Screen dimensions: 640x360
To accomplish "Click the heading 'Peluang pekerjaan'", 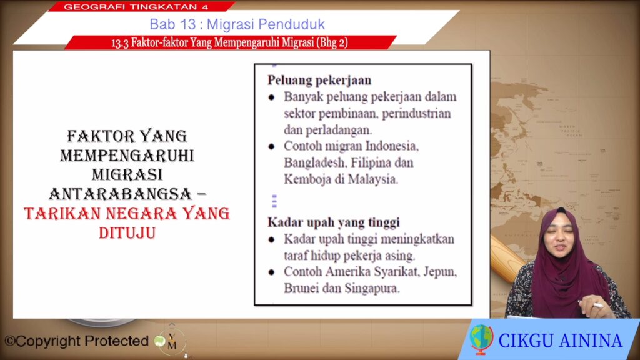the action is click(x=319, y=80).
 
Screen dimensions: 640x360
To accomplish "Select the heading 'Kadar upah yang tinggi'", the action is click(x=334, y=222).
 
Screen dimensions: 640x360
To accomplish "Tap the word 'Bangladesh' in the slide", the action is click(x=314, y=162).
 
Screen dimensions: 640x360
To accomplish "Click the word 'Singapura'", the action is click(x=372, y=288).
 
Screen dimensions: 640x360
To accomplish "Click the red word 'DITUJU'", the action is click(x=127, y=233).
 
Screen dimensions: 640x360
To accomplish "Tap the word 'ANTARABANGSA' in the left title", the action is click(x=121, y=194).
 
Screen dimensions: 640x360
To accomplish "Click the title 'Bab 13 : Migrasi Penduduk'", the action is click(x=237, y=24).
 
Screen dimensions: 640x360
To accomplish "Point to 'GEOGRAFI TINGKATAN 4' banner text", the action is click(x=136, y=6).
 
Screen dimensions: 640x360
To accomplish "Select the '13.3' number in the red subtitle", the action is click(x=119, y=43).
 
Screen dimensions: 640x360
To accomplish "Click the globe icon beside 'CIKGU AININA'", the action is click(x=481, y=339).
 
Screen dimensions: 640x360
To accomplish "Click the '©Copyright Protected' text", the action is click(x=77, y=341).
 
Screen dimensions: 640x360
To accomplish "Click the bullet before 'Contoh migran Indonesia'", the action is click(x=271, y=146).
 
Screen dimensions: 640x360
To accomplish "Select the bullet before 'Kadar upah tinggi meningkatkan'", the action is click(x=271, y=239).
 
